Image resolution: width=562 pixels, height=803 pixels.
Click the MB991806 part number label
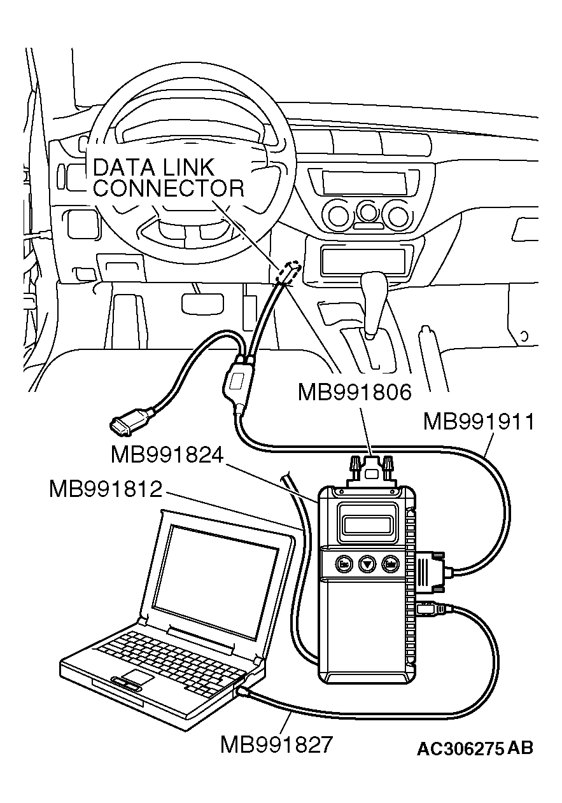[x=355, y=392]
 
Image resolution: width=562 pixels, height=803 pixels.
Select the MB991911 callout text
[x=479, y=422]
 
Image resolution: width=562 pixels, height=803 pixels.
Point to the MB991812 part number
[x=105, y=490]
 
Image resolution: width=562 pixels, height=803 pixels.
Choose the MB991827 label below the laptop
[x=276, y=744]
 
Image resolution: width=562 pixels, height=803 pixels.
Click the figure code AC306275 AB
[x=475, y=748]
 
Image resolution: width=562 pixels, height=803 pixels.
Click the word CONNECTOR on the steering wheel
[x=168, y=188]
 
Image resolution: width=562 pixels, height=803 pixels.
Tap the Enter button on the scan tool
[x=390, y=563]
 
